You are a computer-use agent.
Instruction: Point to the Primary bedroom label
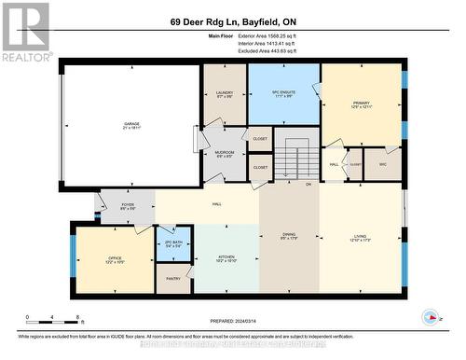point(361,105)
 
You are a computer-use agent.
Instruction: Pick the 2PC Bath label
point(174,244)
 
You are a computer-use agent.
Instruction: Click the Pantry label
point(173,278)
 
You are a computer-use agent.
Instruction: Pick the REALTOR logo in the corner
point(25,32)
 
